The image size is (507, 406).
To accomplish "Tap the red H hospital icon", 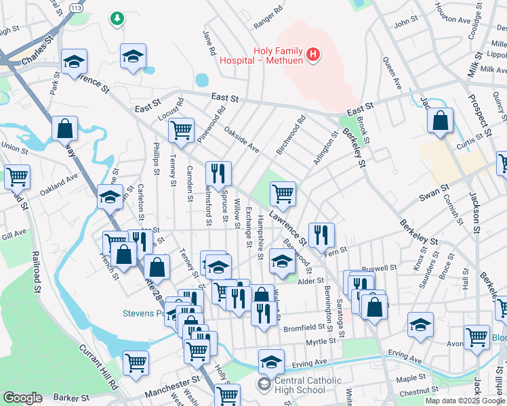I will [312, 55].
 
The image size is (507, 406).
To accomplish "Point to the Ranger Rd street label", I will [267, 20].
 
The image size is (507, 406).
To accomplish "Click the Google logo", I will [22, 398].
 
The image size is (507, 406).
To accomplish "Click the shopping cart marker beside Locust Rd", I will [181, 129].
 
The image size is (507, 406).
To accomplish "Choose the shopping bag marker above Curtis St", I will [441, 120].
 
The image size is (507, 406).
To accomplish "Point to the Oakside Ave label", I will [241, 138].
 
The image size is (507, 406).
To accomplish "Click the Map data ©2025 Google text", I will [465, 401].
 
